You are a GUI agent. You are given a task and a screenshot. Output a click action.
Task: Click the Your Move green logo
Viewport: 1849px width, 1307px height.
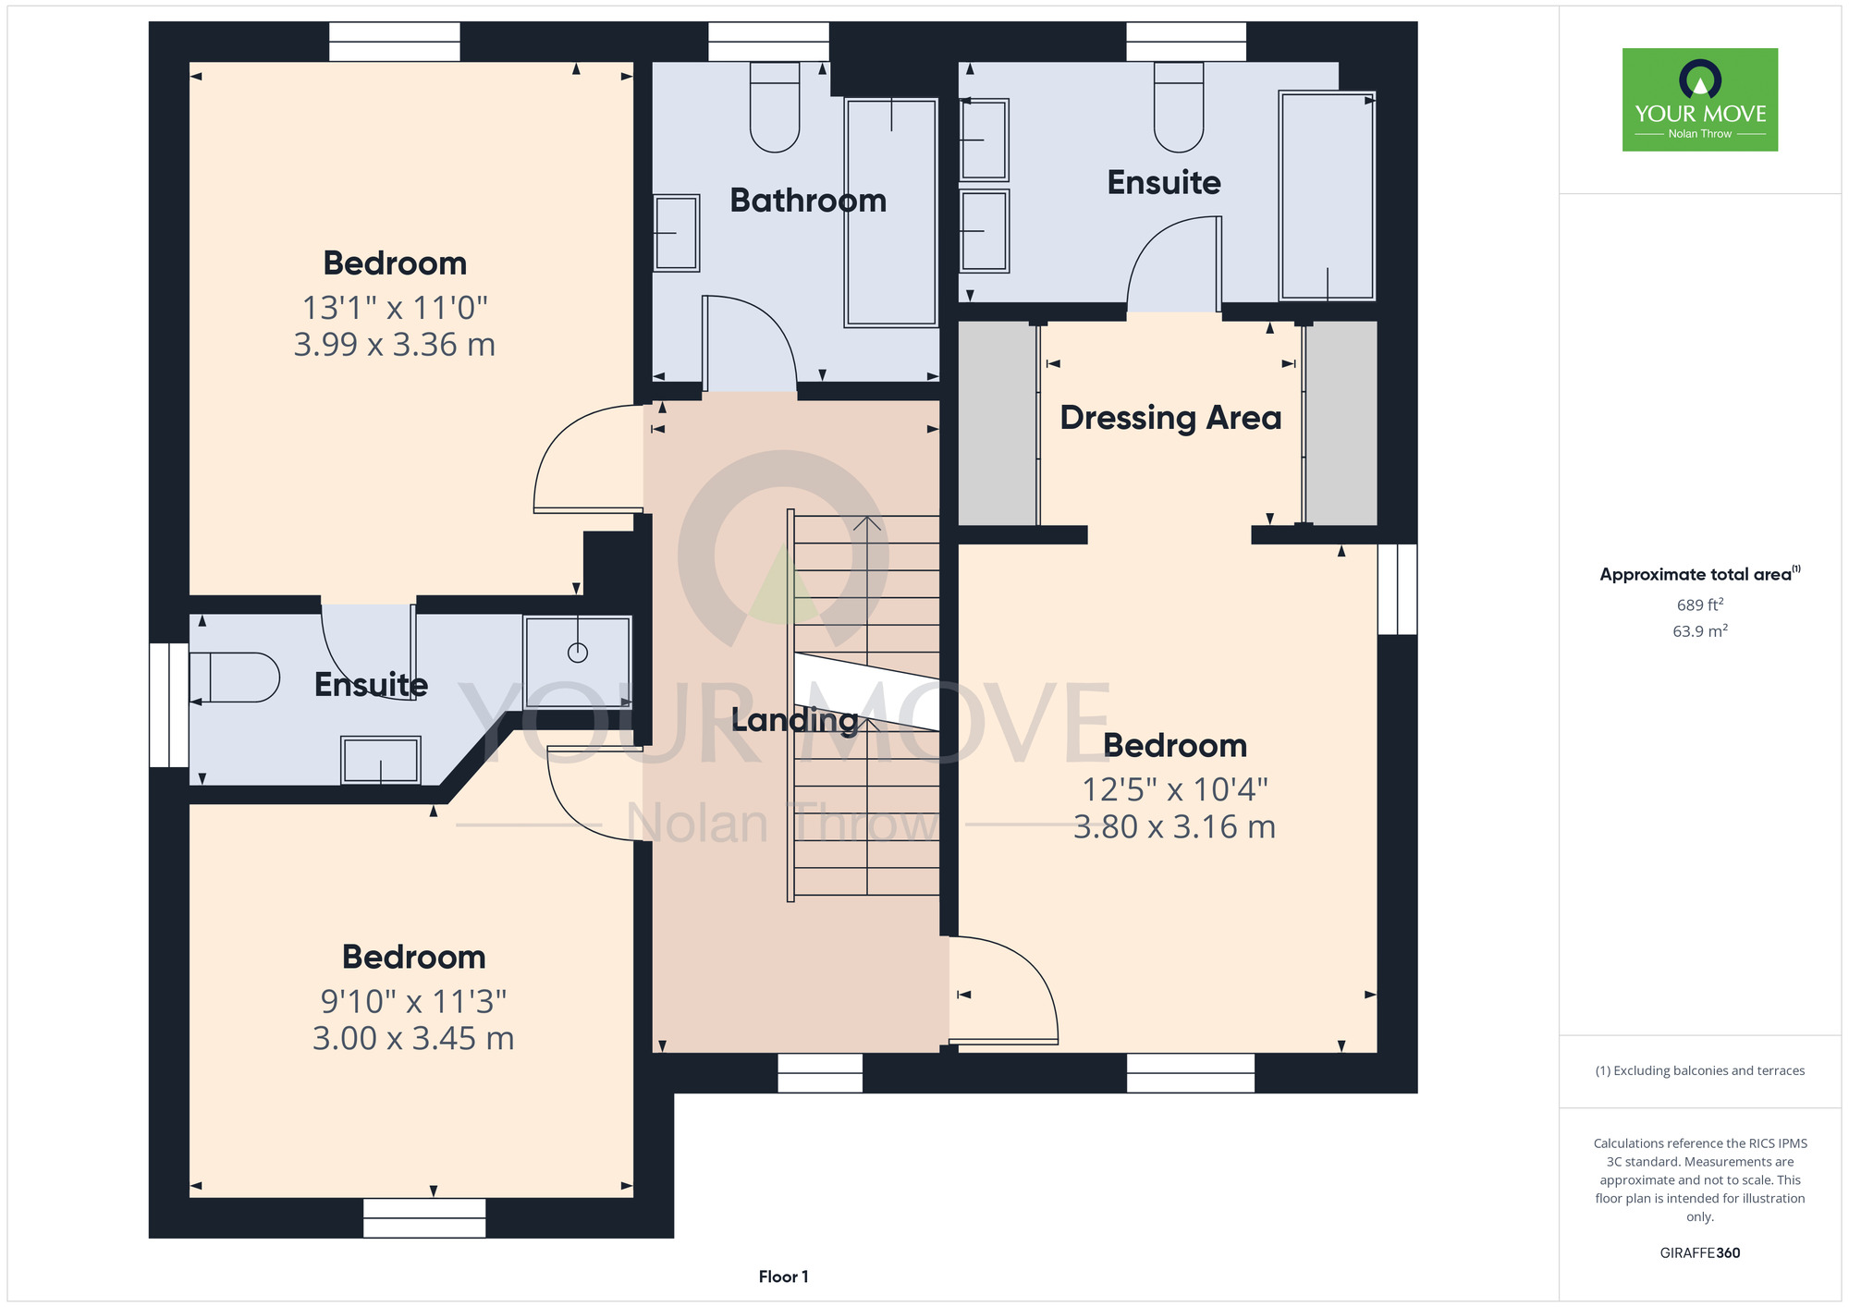coord(1700,100)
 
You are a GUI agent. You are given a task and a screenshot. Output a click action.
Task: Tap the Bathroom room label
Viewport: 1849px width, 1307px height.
coord(808,201)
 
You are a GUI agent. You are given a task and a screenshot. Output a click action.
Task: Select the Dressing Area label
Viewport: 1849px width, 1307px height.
coord(1170,418)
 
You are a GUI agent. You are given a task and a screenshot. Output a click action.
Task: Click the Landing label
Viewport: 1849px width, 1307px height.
coord(795,720)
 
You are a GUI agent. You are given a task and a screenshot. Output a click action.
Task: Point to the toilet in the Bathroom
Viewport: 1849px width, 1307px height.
coord(775,106)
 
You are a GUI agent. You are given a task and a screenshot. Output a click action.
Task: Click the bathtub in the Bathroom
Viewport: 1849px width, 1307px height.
coord(891,213)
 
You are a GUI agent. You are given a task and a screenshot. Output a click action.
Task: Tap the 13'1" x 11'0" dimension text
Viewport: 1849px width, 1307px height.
coord(395,308)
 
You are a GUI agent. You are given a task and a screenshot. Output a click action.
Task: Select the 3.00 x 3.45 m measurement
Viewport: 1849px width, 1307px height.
coord(413,1038)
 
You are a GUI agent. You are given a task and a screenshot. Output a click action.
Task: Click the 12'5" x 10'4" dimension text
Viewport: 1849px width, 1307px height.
coord(1175,789)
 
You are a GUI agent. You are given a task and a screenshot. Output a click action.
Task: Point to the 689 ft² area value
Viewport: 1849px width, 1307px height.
coord(1700,605)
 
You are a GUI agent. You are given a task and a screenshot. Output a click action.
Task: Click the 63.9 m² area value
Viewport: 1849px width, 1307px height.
coord(1700,631)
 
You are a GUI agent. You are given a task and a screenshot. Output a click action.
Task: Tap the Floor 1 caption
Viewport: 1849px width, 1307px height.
coord(783,1276)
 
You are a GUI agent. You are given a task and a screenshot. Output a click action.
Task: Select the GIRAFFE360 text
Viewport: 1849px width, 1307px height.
coord(1700,1253)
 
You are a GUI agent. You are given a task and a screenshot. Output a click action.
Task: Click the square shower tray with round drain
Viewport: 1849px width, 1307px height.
coord(578,662)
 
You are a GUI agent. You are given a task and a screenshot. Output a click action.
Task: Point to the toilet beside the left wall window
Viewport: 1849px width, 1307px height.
coord(234,678)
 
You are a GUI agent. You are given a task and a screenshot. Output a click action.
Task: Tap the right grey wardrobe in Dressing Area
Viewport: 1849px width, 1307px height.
coord(1341,423)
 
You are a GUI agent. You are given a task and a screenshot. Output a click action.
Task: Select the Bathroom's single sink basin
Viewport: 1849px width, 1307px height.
coord(677,233)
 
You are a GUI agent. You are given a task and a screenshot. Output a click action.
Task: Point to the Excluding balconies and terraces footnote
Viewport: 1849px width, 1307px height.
coord(1700,1070)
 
